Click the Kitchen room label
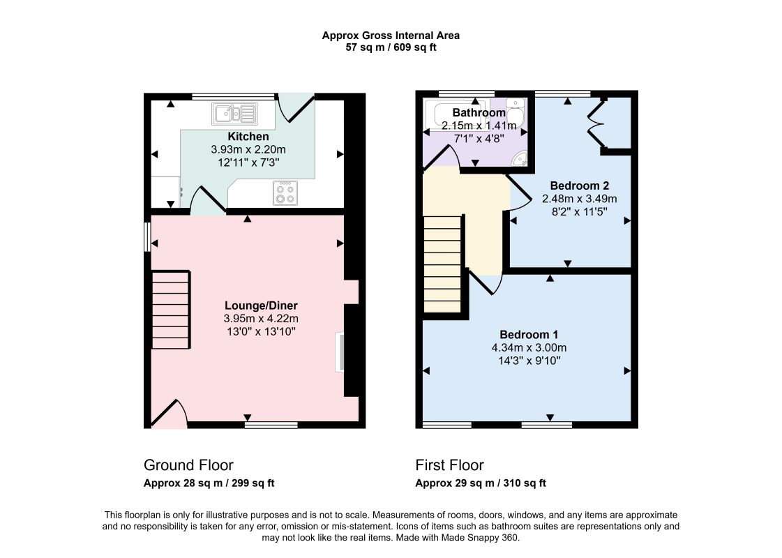pos(248,137)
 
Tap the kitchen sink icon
pos(234,113)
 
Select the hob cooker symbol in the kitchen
pos(285,193)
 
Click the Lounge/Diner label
pos(261,306)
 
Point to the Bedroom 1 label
pos(529,335)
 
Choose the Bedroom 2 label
pos(580,186)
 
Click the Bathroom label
pos(479,113)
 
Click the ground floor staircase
pos(171,310)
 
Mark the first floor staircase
pos(442,264)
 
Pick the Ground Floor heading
pos(188,465)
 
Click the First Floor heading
pos(450,465)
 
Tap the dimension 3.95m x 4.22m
pos(261,319)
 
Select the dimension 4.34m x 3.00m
pos(529,347)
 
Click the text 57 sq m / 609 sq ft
pos(391,47)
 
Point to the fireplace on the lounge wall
pos(340,352)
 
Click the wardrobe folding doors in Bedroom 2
pos(596,123)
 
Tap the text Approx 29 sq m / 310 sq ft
pos(481,483)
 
